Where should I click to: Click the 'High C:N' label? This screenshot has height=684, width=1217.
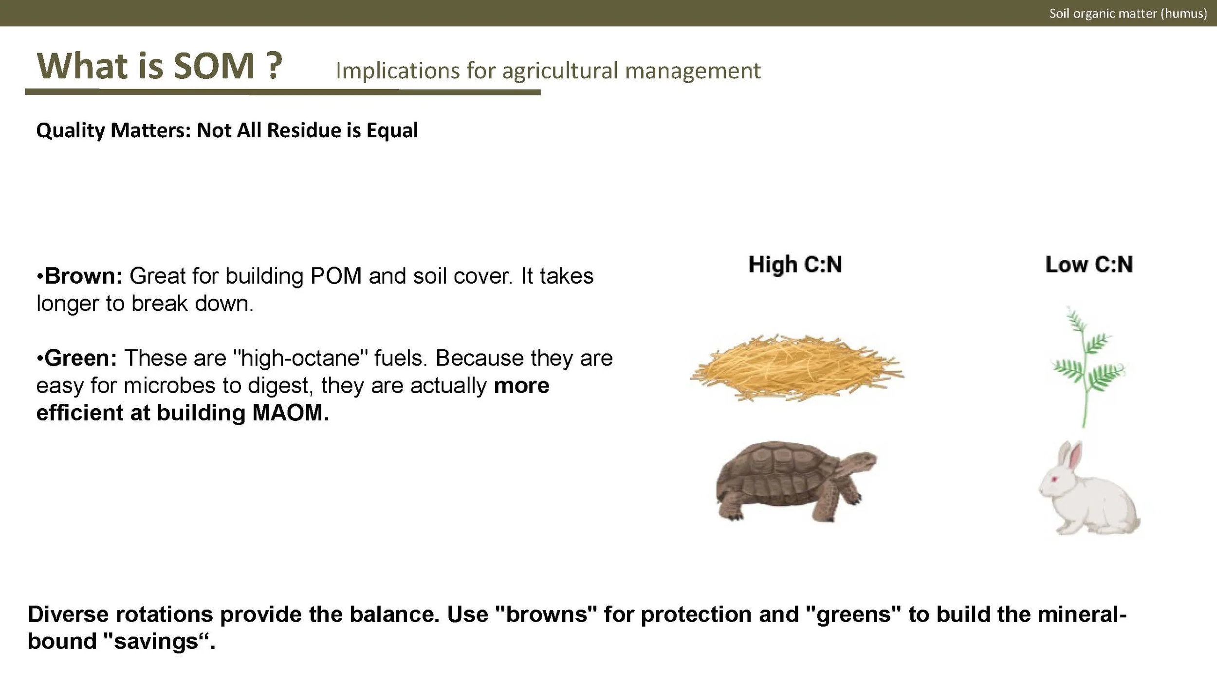point(795,265)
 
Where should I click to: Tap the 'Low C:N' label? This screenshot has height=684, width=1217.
point(1088,265)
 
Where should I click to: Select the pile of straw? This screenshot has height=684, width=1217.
point(796,367)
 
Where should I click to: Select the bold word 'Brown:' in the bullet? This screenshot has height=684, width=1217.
point(83,276)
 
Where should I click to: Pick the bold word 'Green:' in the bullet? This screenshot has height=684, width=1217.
point(81,358)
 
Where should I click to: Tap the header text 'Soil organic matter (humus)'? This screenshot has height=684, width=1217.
point(1127,13)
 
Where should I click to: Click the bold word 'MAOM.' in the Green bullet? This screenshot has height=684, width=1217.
point(291,413)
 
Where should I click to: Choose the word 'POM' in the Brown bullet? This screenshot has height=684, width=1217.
point(336,276)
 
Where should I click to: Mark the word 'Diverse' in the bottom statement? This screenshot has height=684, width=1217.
point(68,614)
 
